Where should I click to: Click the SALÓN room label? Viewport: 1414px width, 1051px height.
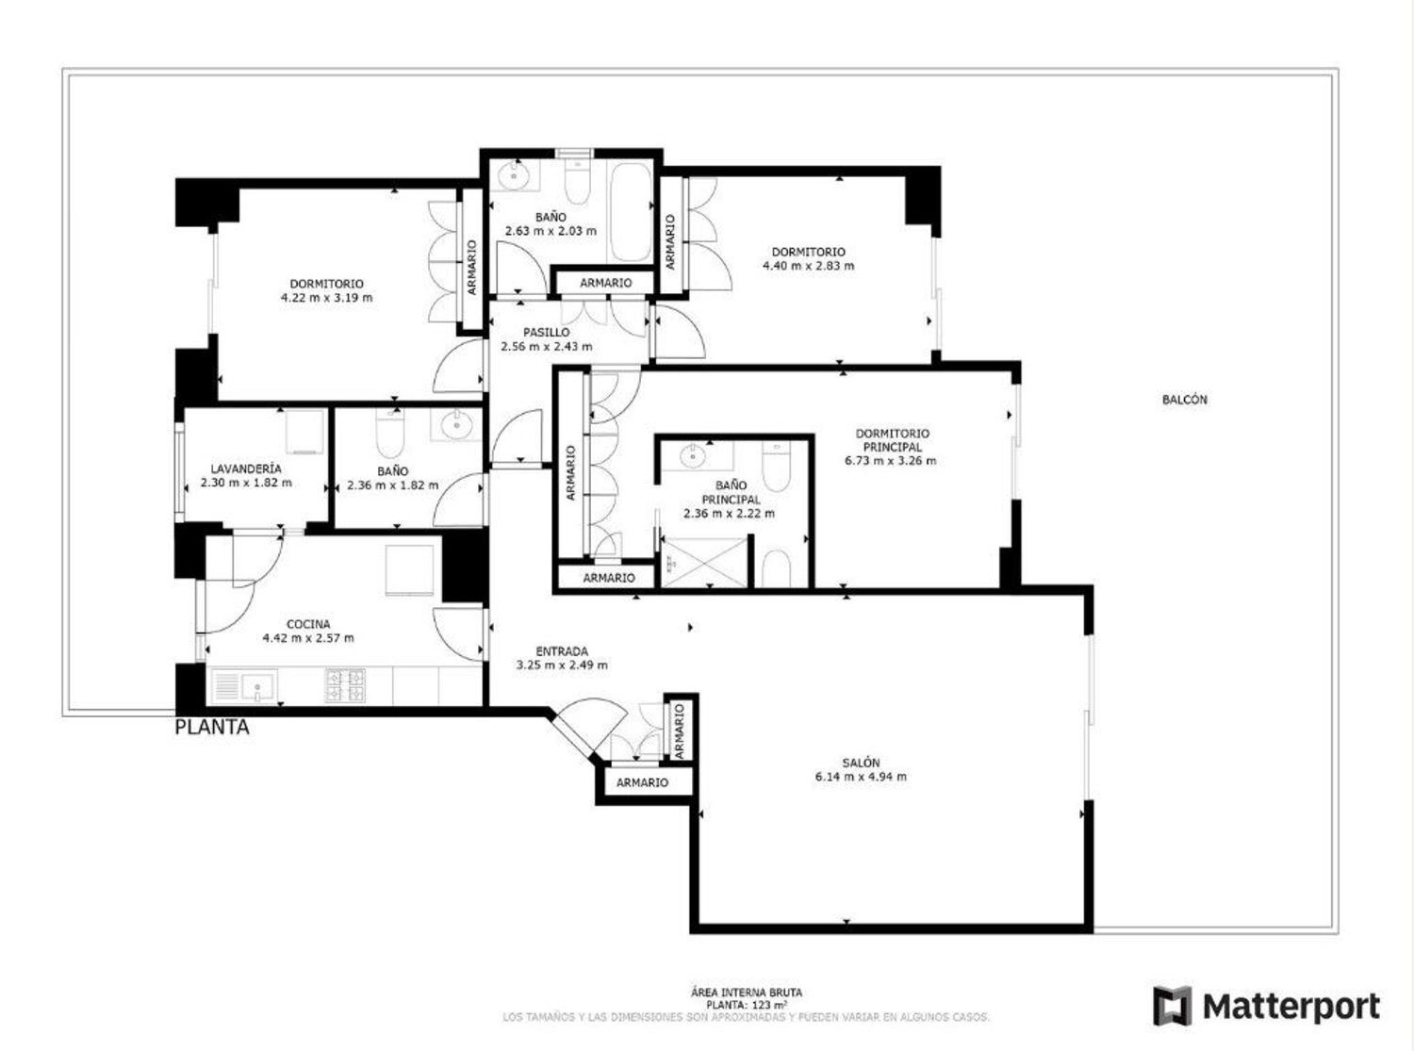click(861, 763)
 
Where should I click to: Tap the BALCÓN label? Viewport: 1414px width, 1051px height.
click(1184, 400)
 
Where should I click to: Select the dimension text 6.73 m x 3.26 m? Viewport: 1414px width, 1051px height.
click(890, 461)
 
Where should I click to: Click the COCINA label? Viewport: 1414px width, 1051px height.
click(308, 624)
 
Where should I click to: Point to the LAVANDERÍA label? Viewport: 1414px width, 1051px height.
click(246, 468)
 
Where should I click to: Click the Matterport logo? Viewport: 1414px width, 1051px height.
click(1266, 1007)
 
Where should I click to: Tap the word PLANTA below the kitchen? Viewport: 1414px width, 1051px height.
click(212, 728)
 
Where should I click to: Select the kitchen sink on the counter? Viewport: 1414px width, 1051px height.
click(255, 686)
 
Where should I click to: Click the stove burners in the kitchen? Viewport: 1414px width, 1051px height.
click(345, 685)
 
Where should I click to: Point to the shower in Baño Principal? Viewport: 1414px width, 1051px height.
click(705, 562)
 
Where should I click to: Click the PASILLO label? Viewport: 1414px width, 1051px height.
click(546, 333)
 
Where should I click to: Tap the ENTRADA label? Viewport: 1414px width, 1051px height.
click(562, 651)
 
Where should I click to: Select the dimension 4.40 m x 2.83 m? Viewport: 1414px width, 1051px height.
click(808, 266)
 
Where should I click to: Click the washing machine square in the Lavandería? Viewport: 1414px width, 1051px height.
click(305, 431)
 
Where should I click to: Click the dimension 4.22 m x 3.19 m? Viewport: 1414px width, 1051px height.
click(326, 298)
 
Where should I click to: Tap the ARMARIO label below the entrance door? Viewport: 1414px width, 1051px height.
click(642, 782)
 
